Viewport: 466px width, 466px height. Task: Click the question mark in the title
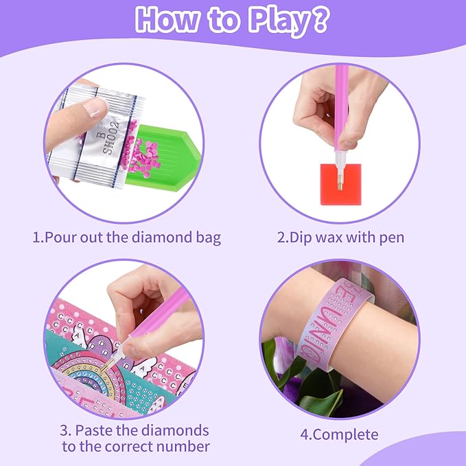click(321, 19)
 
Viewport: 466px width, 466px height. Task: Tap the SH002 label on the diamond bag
click(111, 137)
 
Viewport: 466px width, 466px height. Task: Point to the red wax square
click(340, 184)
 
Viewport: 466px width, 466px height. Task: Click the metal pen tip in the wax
click(340, 183)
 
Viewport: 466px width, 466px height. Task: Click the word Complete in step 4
click(345, 435)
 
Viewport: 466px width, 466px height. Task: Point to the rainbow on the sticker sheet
click(86, 375)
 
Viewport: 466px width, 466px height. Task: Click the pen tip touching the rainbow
click(104, 368)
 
